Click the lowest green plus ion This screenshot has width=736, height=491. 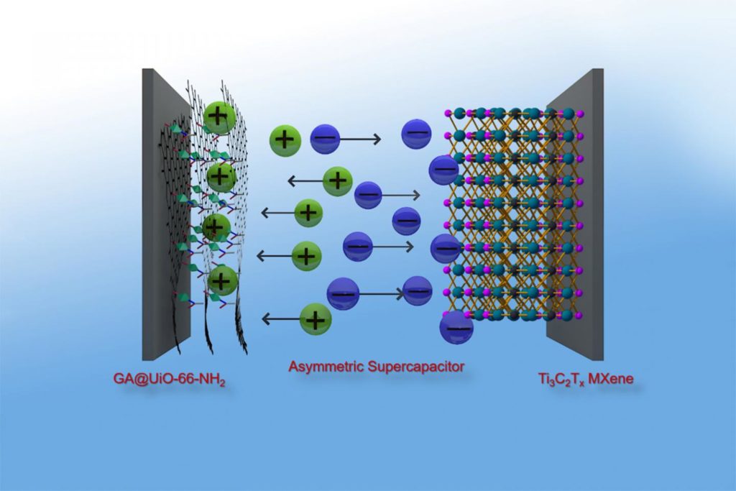pos(315,318)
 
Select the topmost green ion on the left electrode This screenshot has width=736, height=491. pos(219,116)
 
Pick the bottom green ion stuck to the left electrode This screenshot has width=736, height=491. pos(222,280)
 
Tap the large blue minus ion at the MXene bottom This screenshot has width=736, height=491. pos(456,328)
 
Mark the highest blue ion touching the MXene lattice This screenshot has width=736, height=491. pos(443,169)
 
